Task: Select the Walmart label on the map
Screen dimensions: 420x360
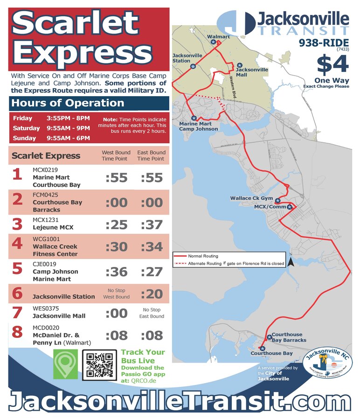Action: pos(218,36)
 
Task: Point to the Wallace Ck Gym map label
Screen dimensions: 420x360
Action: pos(251,198)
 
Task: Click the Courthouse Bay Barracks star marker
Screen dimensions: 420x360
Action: pos(269,337)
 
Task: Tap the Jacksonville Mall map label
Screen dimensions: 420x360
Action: pos(252,72)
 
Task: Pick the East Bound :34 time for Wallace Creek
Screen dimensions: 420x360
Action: pos(151,246)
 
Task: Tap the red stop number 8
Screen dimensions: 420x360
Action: pos(17,332)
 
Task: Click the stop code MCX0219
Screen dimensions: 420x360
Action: pos(45,169)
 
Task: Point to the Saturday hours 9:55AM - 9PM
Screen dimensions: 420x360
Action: pos(68,128)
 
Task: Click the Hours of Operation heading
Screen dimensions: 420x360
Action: pos(68,103)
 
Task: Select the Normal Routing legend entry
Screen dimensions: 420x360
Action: pos(196,256)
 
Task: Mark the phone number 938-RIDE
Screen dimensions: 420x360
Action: pos(324,42)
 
